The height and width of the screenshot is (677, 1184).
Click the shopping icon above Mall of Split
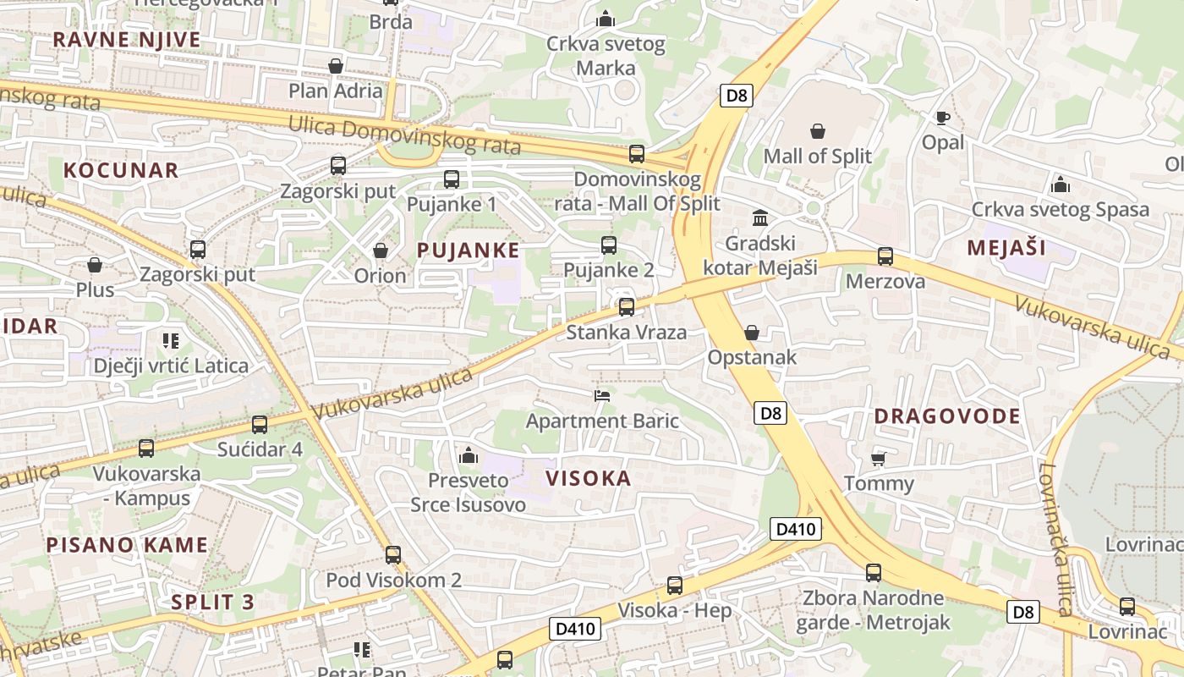point(818,131)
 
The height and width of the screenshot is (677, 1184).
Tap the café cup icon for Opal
point(943,118)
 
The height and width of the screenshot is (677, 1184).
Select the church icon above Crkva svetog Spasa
point(1060,184)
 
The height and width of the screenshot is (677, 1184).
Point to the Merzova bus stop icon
point(885,256)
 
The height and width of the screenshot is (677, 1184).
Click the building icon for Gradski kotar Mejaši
point(760,218)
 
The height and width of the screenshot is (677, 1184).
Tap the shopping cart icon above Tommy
point(879,459)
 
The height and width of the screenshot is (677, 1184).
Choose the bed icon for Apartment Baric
point(602,395)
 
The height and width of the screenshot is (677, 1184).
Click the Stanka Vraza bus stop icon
point(627,306)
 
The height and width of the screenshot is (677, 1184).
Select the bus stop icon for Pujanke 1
point(452,179)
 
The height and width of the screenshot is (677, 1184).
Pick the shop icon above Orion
point(381,250)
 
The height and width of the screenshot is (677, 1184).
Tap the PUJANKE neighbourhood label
point(469,250)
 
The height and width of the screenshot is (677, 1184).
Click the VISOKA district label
point(589,479)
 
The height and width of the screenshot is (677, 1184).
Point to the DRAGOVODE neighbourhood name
point(947,416)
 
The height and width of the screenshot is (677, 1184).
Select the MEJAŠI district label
point(1006,248)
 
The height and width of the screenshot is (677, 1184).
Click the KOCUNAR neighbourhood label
point(121,170)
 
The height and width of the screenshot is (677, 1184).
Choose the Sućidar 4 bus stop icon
point(260,424)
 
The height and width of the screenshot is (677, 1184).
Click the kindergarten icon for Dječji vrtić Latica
point(171,341)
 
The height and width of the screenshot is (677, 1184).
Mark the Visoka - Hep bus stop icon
point(675,585)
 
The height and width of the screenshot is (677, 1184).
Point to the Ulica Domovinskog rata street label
point(404,135)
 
